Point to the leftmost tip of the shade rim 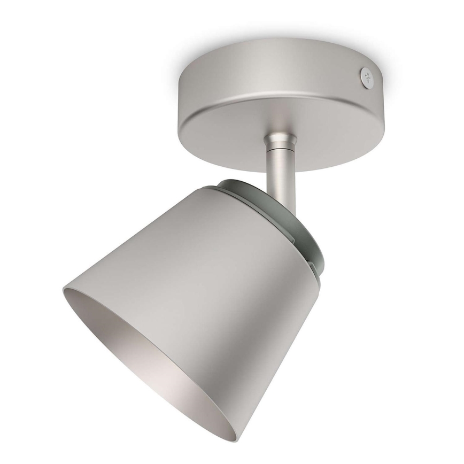pos(63,290)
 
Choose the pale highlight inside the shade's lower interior pos(171,374)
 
